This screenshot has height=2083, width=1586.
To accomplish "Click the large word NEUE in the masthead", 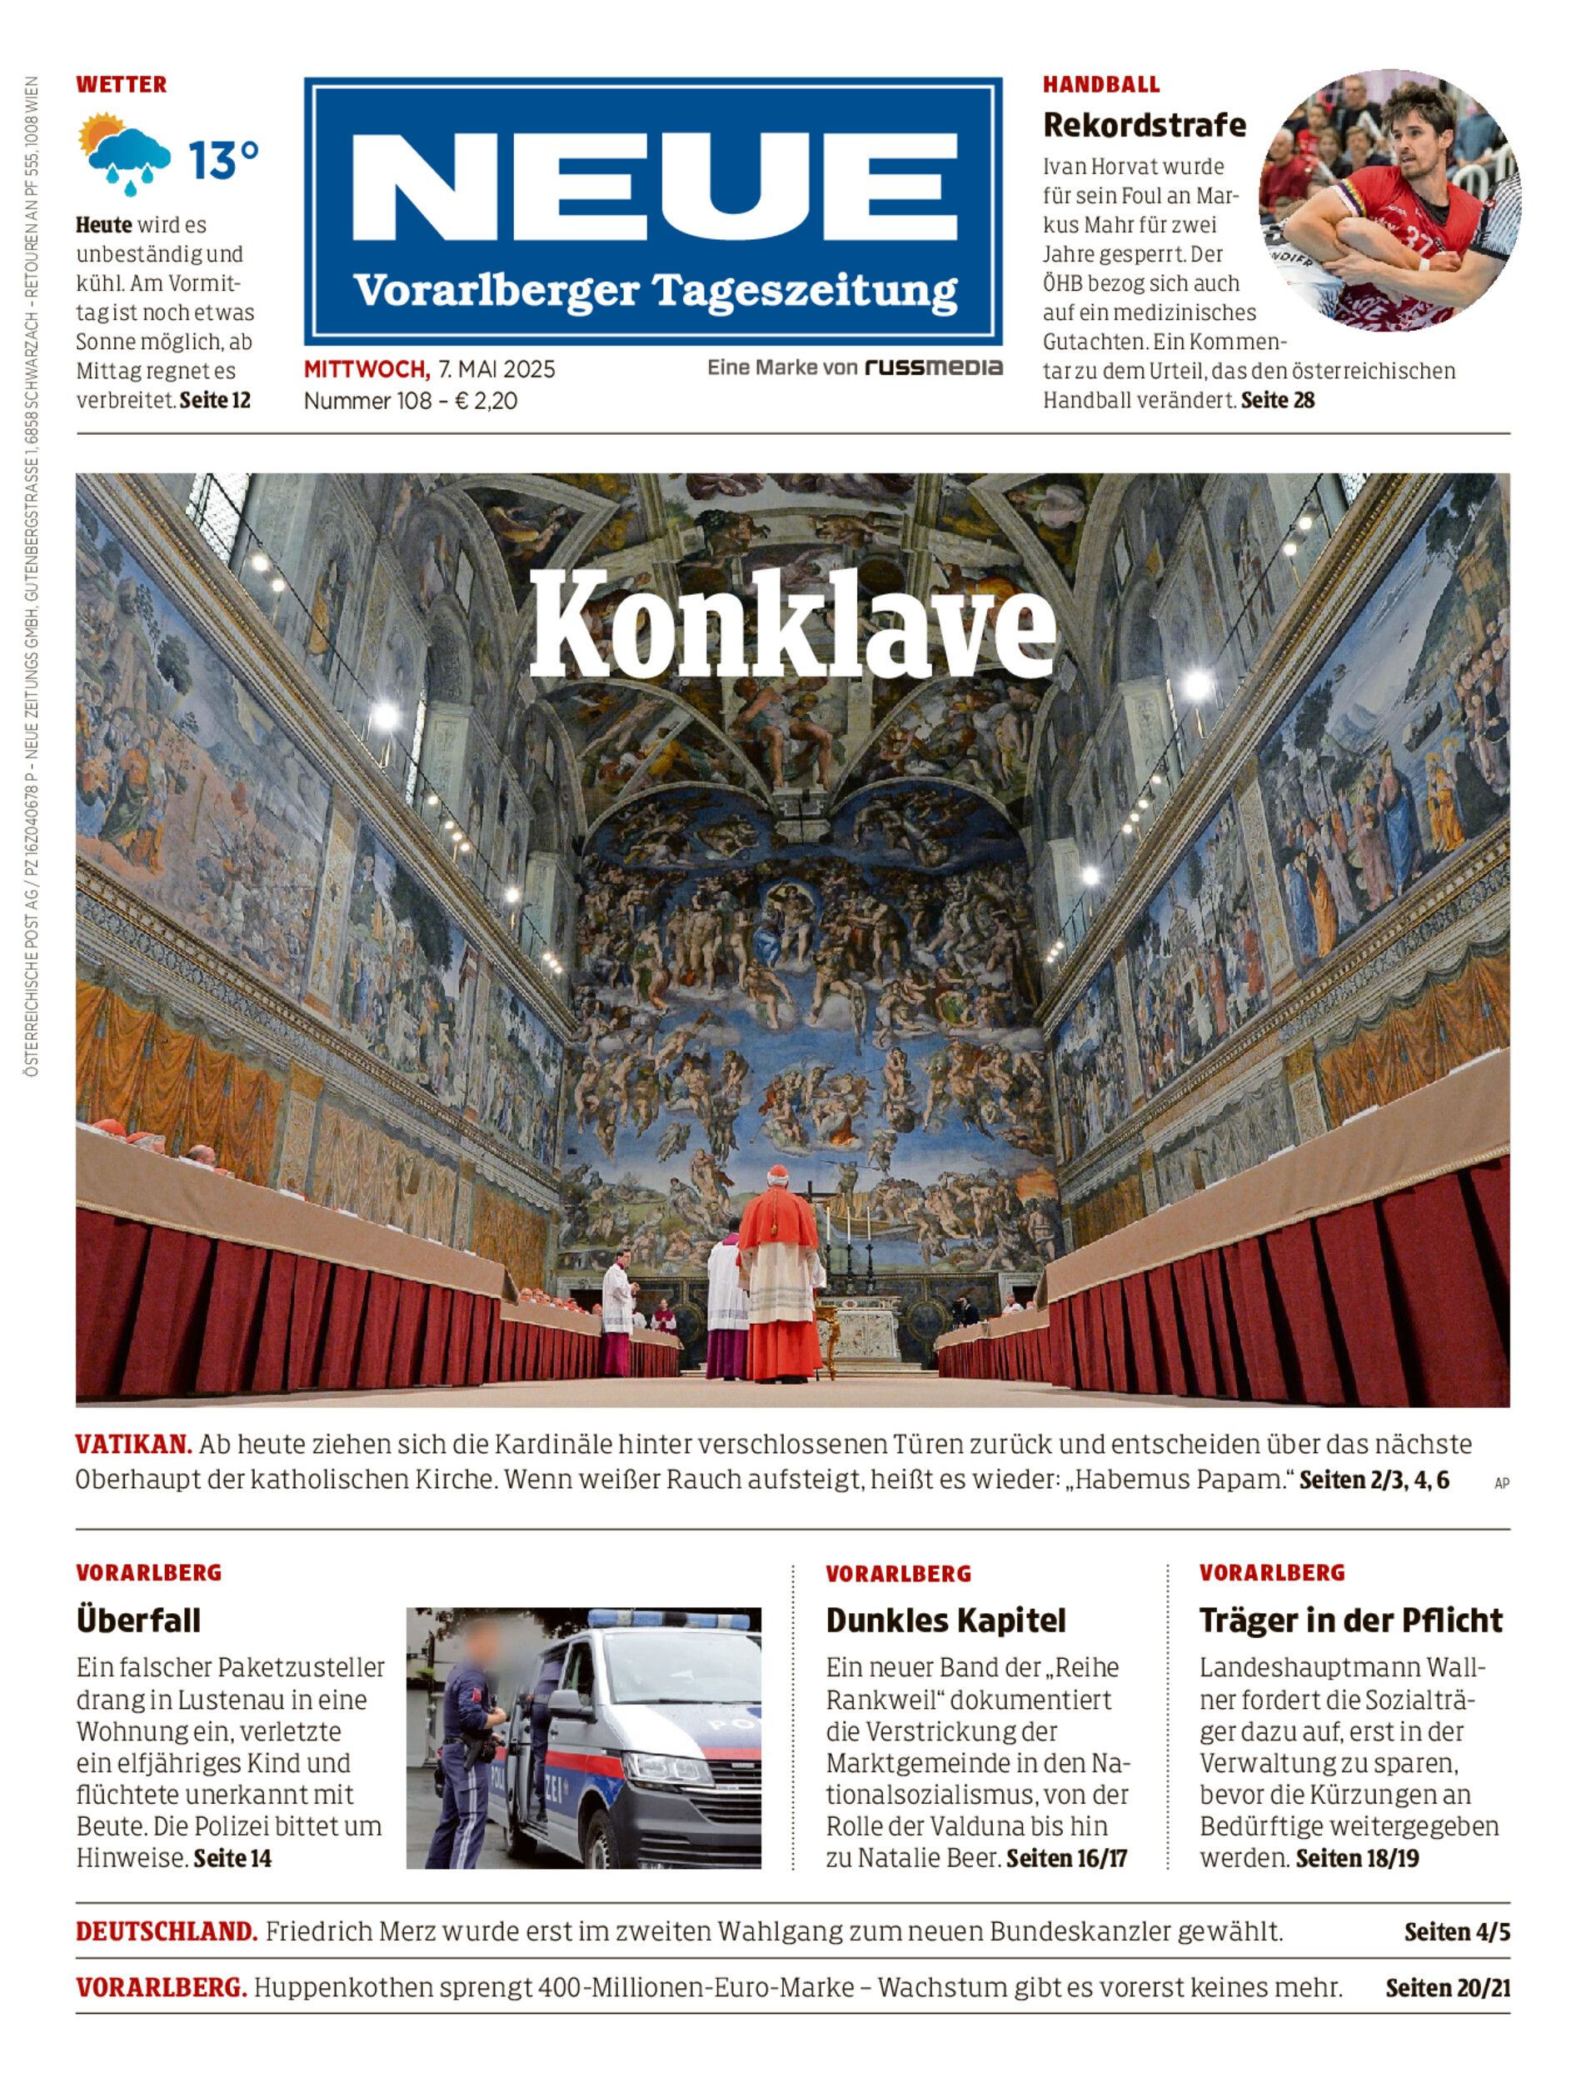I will click(x=654, y=187).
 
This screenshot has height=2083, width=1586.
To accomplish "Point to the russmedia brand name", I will click(x=934, y=367).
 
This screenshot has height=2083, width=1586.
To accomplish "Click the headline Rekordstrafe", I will click(x=1145, y=125).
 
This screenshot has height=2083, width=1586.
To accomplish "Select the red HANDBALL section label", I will click(x=1100, y=85).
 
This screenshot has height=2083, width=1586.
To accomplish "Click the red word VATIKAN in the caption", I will click(x=134, y=1444).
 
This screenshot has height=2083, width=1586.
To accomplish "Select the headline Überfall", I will click(x=139, y=1621).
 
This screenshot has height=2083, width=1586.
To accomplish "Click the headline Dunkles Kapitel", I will click(x=945, y=1621).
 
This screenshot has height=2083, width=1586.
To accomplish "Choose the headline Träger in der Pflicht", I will click(x=1350, y=1621).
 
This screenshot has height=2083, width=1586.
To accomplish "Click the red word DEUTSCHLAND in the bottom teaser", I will click(x=166, y=1932).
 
